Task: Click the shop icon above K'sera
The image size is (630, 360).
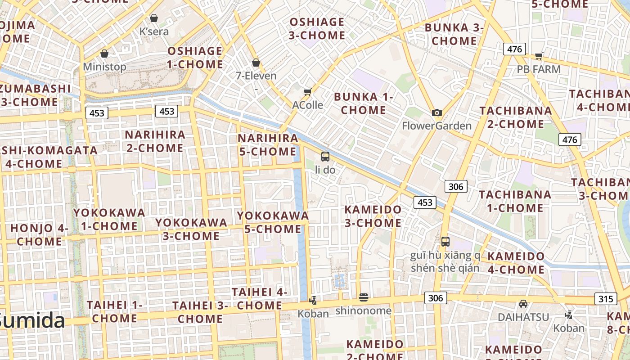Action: [x=154, y=18]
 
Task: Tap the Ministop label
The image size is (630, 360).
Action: [x=105, y=67]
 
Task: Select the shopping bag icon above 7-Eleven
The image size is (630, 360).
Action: [x=256, y=63]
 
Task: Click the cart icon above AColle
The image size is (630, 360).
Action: [x=308, y=92]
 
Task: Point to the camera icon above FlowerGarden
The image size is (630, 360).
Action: [x=436, y=113]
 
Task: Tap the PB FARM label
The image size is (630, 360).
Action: [x=539, y=69]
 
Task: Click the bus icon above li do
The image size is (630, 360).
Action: [x=325, y=157]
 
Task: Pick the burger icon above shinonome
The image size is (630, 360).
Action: [x=364, y=297]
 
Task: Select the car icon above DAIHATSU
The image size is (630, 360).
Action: [x=523, y=304]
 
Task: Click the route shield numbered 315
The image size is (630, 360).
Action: [x=606, y=299]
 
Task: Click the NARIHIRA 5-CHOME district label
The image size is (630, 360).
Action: [x=268, y=144]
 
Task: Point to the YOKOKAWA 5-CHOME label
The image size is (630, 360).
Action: [x=273, y=222]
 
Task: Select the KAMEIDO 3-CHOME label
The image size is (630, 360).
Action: [x=373, y=216]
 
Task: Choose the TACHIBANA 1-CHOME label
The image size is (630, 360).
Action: [x=515, y=201]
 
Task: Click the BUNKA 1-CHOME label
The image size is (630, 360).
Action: [x=364, y=103]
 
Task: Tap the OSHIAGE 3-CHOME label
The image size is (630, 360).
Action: [x=317, y=28]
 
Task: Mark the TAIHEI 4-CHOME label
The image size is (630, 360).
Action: [x=259, y=298]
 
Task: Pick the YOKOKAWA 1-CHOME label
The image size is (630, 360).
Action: [x=109, y=219]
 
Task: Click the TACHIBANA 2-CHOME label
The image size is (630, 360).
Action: [x=516, y=117]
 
